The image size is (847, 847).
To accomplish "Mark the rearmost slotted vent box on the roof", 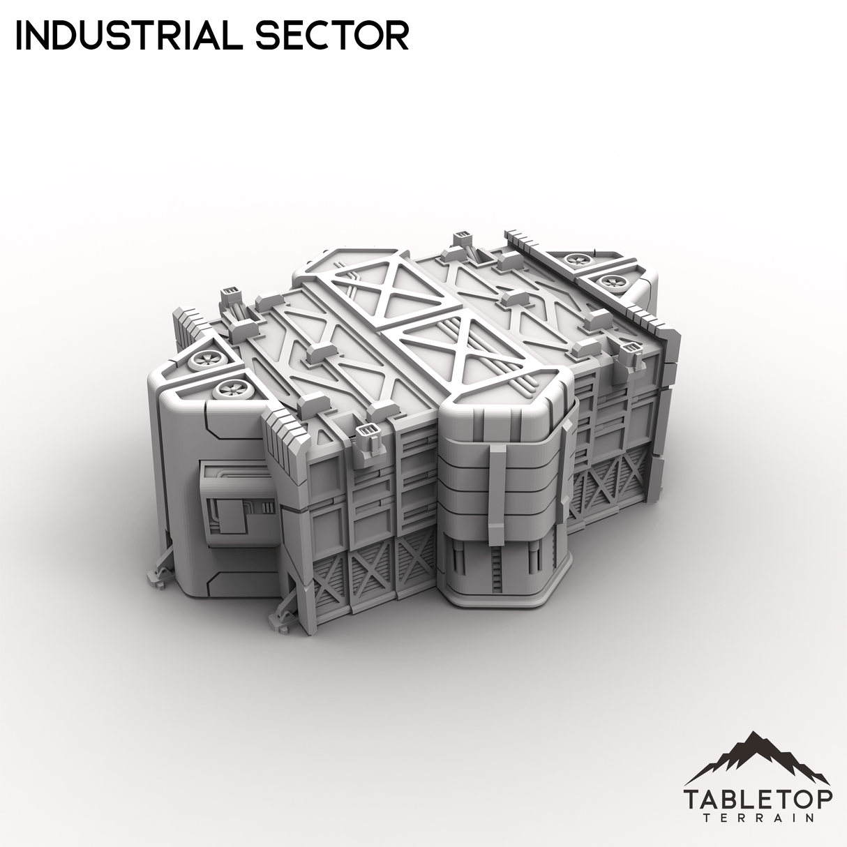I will (x=461, y=238).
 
